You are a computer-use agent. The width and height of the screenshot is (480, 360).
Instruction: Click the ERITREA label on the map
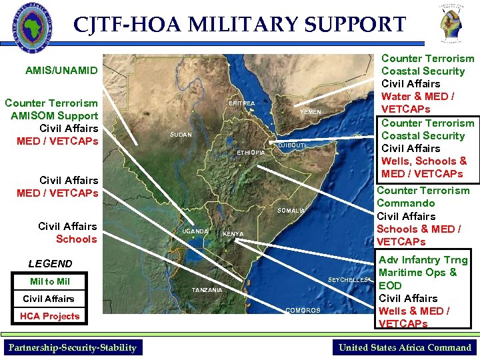[241, 104]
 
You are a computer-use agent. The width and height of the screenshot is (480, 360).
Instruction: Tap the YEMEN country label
[310, 112]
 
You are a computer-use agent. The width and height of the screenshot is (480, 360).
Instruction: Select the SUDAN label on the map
[181, 135]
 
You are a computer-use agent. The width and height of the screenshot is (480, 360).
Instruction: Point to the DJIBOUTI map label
[291, 145]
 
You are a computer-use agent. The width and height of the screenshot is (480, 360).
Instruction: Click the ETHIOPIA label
[251, 153]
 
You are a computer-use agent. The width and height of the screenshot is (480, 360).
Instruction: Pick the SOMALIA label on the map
[291, 211]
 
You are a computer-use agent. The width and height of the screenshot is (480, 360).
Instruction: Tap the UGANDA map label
[195, 231]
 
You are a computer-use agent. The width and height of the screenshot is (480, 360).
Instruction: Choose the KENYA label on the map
[233, 234]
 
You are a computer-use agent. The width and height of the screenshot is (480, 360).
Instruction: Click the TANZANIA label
[207, 290]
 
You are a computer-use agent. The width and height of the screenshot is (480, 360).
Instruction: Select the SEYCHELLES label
[347, 280]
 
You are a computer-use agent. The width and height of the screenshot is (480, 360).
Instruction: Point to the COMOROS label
[303, 311]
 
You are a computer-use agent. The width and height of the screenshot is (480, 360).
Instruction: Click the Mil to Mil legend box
[49, 281]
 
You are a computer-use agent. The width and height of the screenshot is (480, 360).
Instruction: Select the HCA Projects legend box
[49, 316]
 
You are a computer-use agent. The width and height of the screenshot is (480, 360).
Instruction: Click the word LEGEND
[50, 263]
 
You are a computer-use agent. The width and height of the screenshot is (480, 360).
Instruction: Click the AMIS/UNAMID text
[61, 70]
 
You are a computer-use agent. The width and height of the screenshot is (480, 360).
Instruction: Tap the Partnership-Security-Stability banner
[72, 347]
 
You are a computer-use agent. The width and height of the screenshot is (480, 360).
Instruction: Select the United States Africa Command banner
[405, 347]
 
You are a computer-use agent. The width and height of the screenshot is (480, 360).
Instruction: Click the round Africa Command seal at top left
[30, 27]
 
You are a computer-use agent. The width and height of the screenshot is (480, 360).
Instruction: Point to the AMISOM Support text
[55, 115]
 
